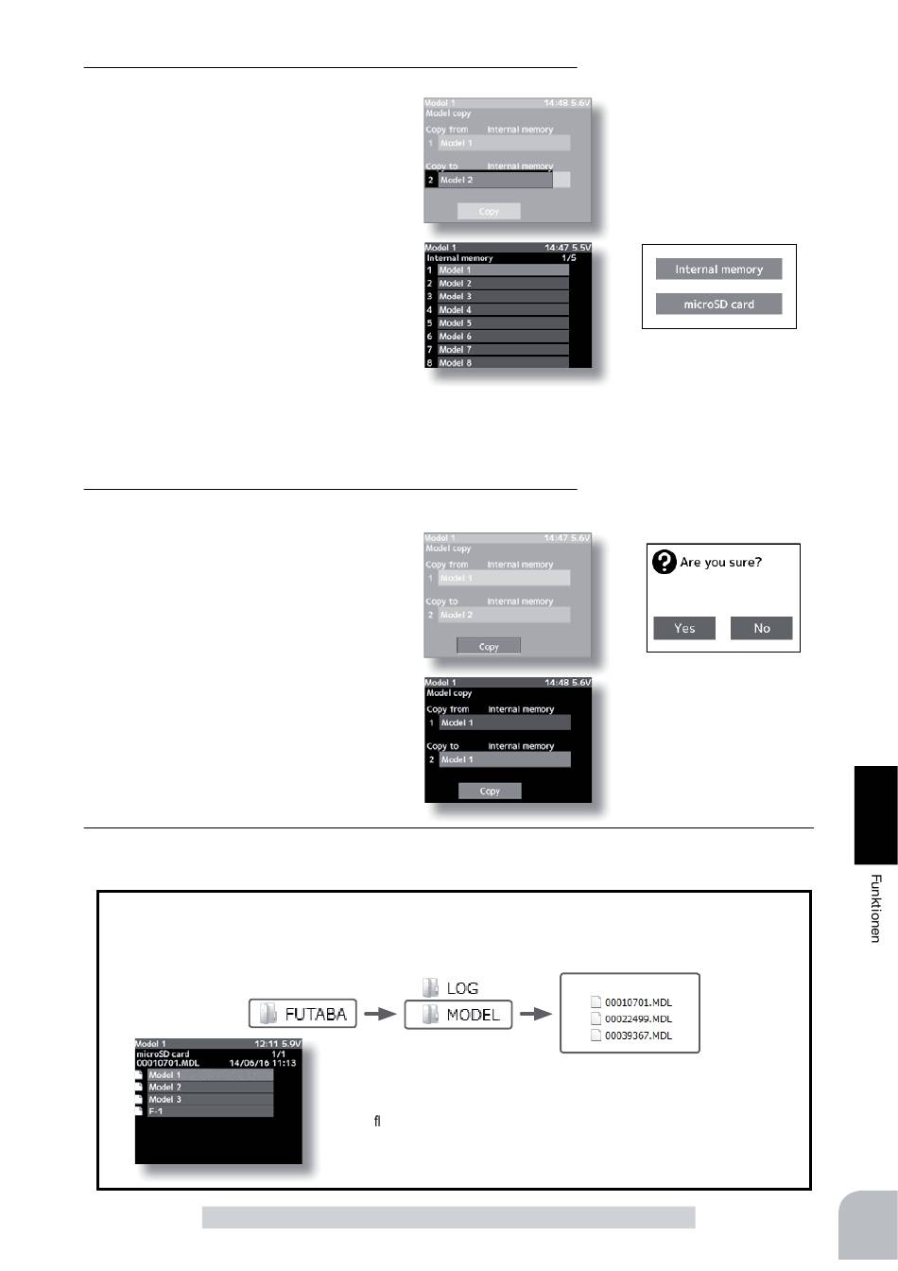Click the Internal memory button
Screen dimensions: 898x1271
(718, 270)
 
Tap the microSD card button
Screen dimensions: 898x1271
(718, 305)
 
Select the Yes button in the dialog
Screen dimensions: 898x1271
(684, 628)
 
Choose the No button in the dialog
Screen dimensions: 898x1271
(762, 628)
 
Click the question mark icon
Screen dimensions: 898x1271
(665, 563)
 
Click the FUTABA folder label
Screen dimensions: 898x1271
(302, 1015)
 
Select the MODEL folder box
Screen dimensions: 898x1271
(458, 1015)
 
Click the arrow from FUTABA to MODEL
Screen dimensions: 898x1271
(379, 1015)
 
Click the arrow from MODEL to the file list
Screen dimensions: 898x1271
(536, 1015)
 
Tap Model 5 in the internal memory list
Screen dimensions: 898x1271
(503, 323)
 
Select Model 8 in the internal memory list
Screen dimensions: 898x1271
(503, 362)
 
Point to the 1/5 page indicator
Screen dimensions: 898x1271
(568, 258)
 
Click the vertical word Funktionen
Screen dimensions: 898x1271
(876, 908)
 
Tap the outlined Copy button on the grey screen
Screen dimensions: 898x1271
(489, 647)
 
